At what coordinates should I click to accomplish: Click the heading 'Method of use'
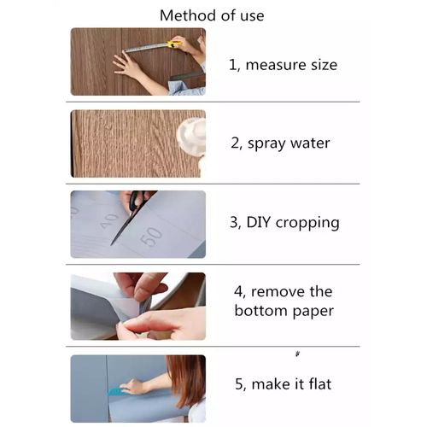212,15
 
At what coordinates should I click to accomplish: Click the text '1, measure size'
283,65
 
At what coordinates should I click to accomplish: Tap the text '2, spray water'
279,143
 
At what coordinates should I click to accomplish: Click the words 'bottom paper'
283,310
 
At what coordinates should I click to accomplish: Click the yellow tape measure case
174,43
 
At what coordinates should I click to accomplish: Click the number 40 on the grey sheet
109,220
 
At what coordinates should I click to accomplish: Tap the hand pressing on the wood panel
128,67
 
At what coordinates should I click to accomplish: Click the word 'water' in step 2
310,143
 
